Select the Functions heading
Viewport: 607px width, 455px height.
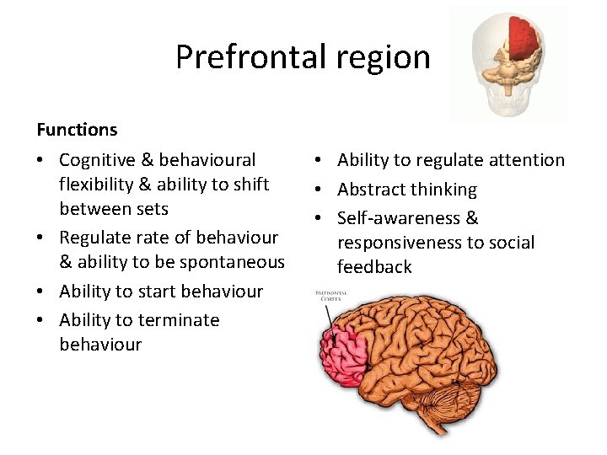(77, 130)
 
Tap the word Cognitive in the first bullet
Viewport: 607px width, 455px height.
(96, 160)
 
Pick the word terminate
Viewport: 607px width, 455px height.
(177, 320)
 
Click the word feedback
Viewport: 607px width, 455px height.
(374, 267)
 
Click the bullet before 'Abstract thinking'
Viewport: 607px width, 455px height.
(323, 190)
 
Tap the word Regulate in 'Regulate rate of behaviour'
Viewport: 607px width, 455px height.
(94, 238)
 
